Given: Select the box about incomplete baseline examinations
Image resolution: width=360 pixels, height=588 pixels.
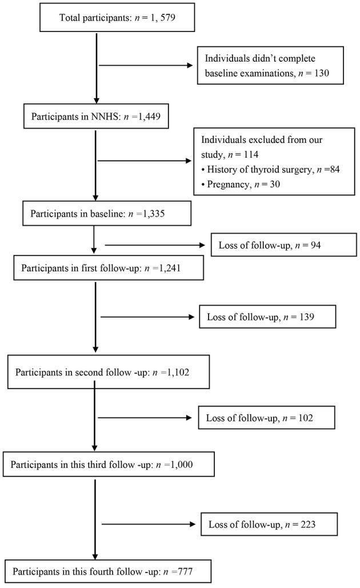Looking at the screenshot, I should [270, 65].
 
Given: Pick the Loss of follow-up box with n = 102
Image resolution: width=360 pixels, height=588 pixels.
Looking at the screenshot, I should [266, 418].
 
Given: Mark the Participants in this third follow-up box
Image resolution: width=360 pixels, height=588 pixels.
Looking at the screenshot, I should [109, 464].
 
